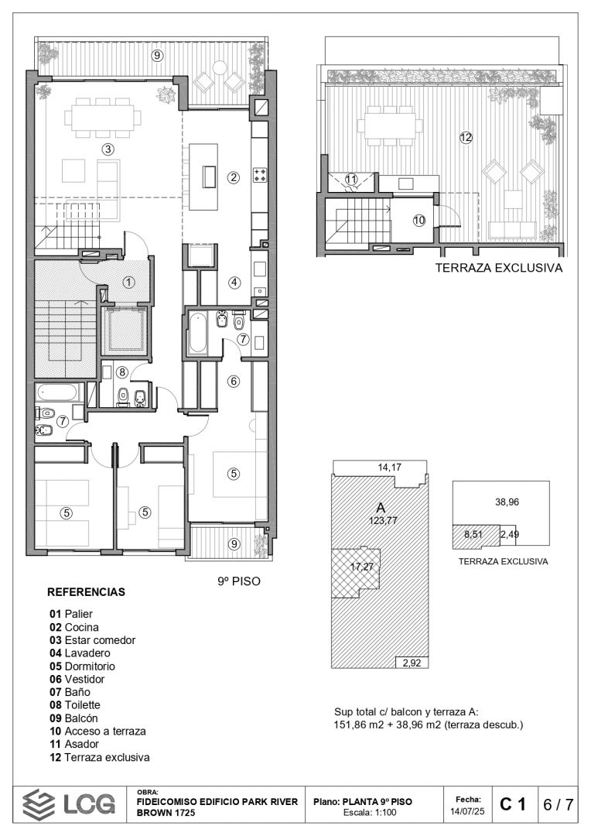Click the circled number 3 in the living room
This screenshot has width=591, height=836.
(108, 149)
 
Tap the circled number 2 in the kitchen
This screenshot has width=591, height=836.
(234, 177)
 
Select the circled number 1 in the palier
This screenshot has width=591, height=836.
(128, 282)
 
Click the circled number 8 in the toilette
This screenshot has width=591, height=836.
(122, 372)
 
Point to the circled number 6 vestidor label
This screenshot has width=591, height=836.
(234, 381)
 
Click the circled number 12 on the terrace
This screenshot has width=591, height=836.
(466, 138)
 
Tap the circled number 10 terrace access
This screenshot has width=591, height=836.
(419, 220)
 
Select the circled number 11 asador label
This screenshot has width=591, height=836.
(350, 179)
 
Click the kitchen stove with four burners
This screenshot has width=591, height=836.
(259, 175)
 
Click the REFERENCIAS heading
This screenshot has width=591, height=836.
(87, 592)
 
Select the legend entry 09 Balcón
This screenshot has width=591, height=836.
(73, 718)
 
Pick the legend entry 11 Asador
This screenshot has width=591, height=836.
(74, 744)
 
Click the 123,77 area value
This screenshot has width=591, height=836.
(384, 520)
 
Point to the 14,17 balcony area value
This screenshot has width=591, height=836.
(390, 467)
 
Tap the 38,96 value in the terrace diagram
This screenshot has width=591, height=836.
(507, 502)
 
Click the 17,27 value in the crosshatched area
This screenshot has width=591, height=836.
(362, 567)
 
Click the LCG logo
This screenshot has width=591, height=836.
(69, 804)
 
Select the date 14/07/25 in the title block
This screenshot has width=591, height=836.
(467, 811)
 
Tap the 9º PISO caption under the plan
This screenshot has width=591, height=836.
(239, 581)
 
